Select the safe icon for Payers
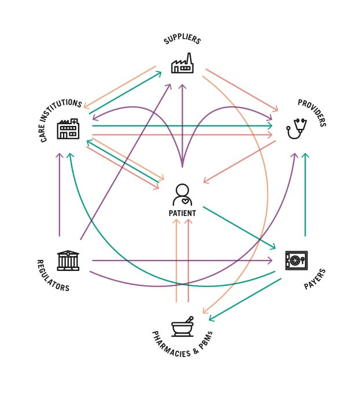[x=296, y=261]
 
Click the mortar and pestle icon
[x=182, y=327]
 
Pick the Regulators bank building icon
[x=68, y=261]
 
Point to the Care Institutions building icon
[x=68, y=129]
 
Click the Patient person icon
[x=182, y=195]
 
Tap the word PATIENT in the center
[x=182, y=213]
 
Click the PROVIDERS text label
[x=313, y=113]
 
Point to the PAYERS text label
[x=316, y=278]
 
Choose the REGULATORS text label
[x=52, y=277]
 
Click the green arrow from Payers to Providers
[x=306, y=196]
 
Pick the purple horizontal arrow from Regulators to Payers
[x=182, y=261]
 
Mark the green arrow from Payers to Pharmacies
[x=246, y=299]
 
